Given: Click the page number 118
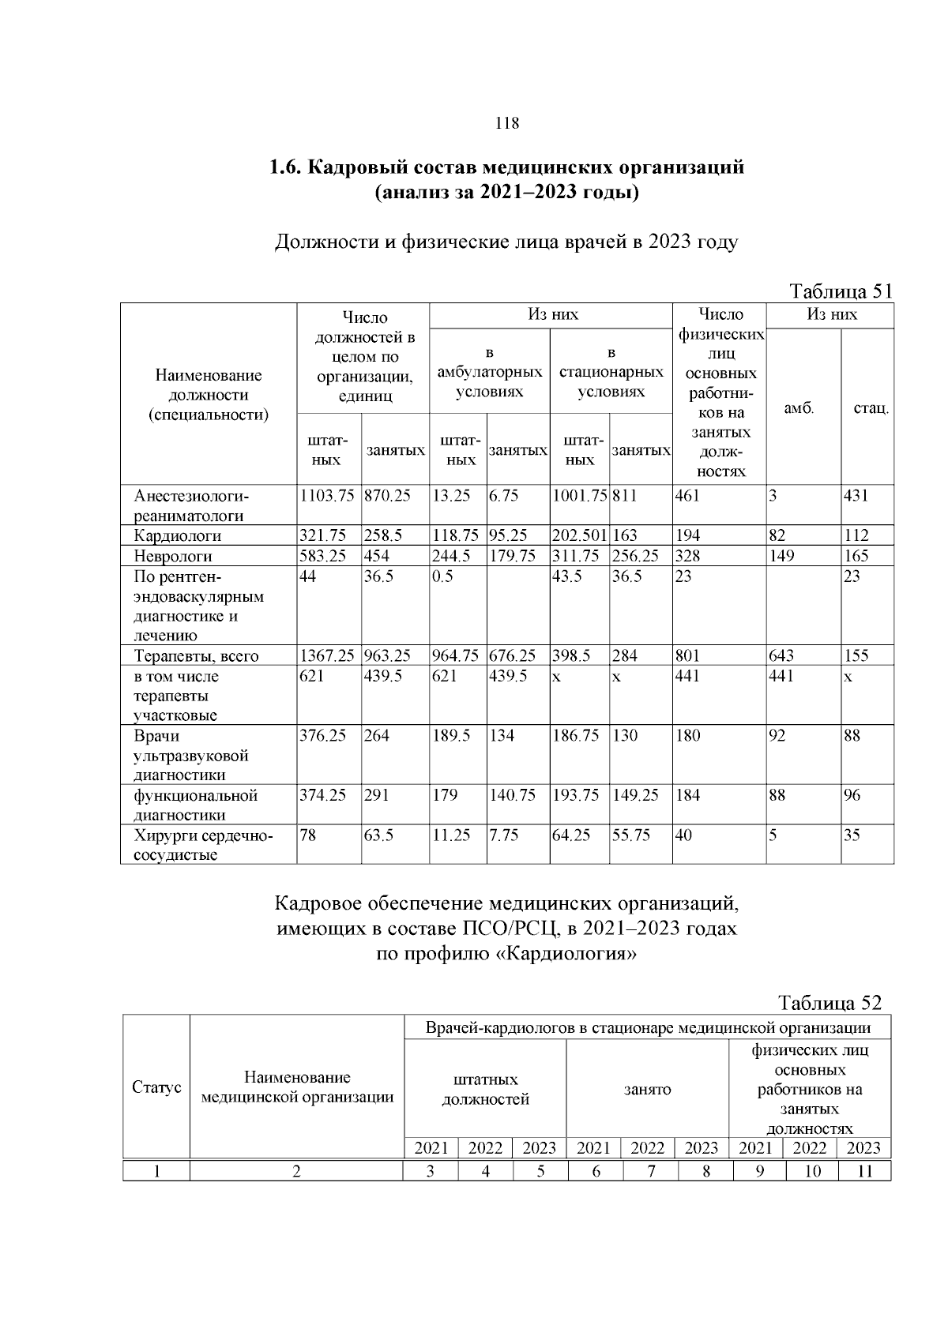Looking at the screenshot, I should coord(506,123).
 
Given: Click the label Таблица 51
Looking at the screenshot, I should coord(841,291).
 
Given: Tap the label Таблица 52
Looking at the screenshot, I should coord(829,1003).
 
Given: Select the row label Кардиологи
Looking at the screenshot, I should coord(178,535).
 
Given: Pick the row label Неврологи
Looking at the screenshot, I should coord(173,556).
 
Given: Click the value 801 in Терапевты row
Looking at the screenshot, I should coord(688,655).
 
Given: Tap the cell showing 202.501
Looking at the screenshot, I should coord(578,535).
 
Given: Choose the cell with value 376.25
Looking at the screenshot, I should coord(323,736).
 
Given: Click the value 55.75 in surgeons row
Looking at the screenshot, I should coord(631,835).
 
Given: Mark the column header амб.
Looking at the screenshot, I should coord(799,408).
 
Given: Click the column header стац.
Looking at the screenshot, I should coord(871,408).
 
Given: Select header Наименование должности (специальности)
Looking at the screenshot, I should coord(209,395).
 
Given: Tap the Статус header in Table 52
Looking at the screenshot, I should coord(156,1087).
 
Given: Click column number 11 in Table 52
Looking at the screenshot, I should coord(865,1171).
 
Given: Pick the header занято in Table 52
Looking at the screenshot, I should coord(647,1090).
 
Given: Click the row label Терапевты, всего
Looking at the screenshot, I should coord(196,655).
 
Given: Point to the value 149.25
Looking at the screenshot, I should coord(635,795).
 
